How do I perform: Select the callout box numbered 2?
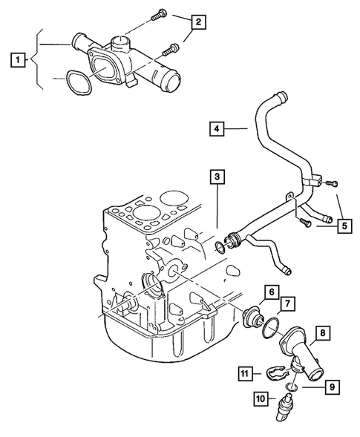197,22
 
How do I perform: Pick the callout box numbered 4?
215,129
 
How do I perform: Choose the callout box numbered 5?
344,223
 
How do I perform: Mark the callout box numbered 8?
324,334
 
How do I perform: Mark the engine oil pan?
171,341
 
